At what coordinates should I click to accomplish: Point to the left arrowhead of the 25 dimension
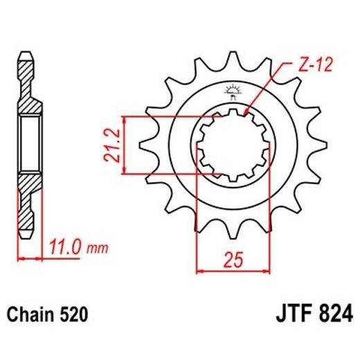pos(201,271)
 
